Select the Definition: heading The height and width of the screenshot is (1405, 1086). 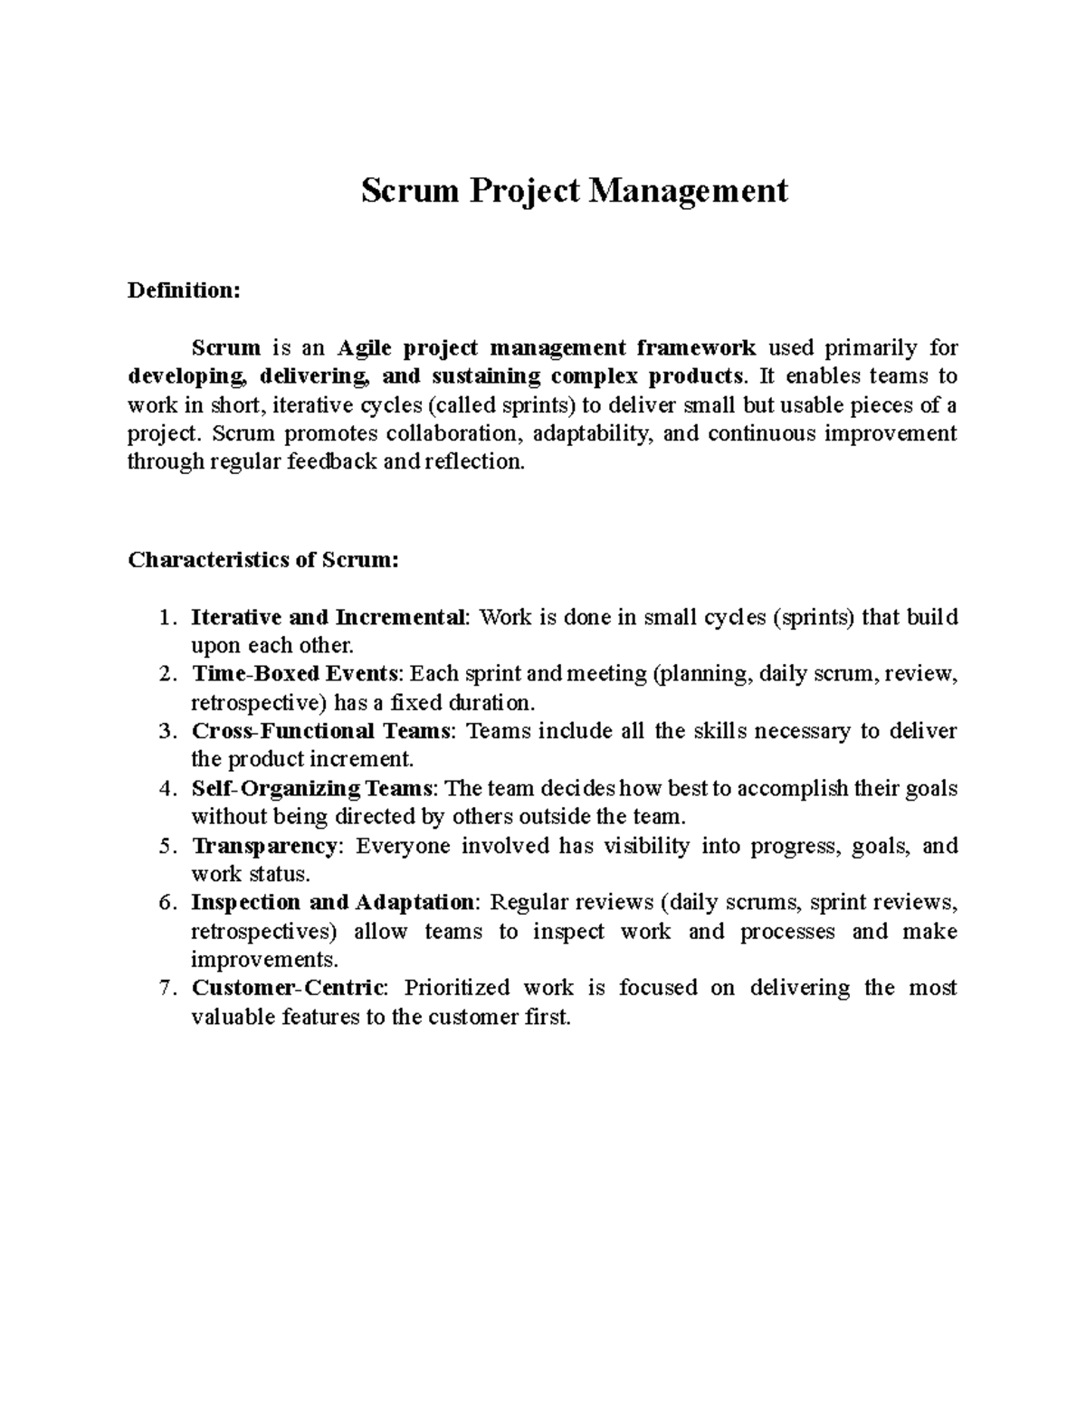(185, 290)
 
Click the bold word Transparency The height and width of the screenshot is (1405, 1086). (263, 846)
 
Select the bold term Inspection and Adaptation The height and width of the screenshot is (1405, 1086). (332, 903)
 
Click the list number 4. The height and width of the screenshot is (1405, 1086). (165, 788)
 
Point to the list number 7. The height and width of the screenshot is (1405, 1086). (165, 988)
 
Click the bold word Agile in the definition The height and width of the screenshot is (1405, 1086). (366, 348)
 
